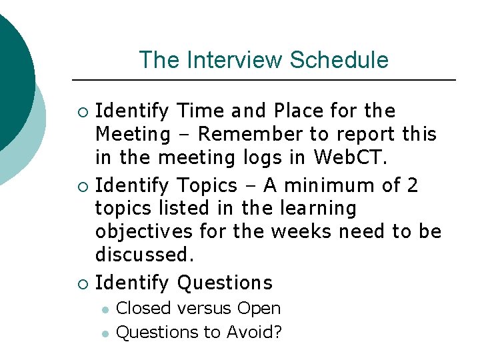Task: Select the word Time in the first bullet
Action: tap(204, 111)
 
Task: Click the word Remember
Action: tap(250, 135)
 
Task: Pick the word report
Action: tap(363, 135)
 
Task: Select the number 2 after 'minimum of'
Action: tap(412, 184)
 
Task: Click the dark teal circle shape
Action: tap(10, 73)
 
